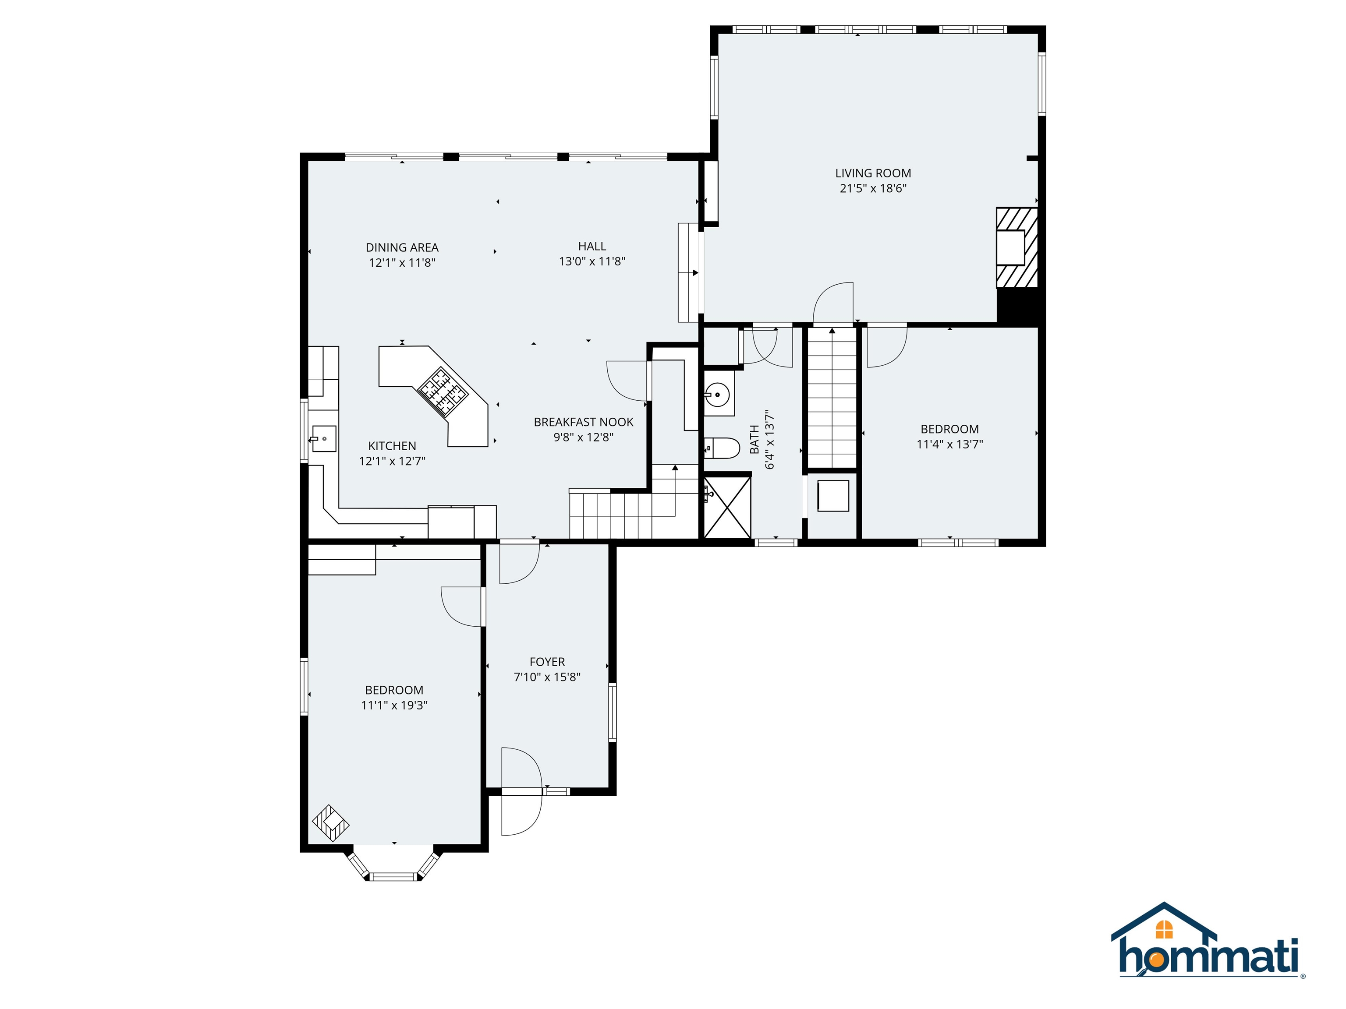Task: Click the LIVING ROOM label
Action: [x=873, y=173]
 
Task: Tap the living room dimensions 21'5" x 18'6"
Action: [x=873, y=189]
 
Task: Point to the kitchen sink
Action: [x=324, y=438]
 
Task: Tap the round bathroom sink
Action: [x=718, y=395]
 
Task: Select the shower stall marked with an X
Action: [x=727, y=507]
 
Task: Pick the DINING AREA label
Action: [x=402, y=247]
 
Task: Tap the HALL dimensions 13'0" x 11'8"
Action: [x=592, y=261]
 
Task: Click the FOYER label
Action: [x=547, y=662]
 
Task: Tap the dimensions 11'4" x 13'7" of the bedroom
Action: [x=949, y=445]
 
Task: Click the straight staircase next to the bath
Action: [x=831, y=399]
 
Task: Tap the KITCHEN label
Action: [x=392, y=446]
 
